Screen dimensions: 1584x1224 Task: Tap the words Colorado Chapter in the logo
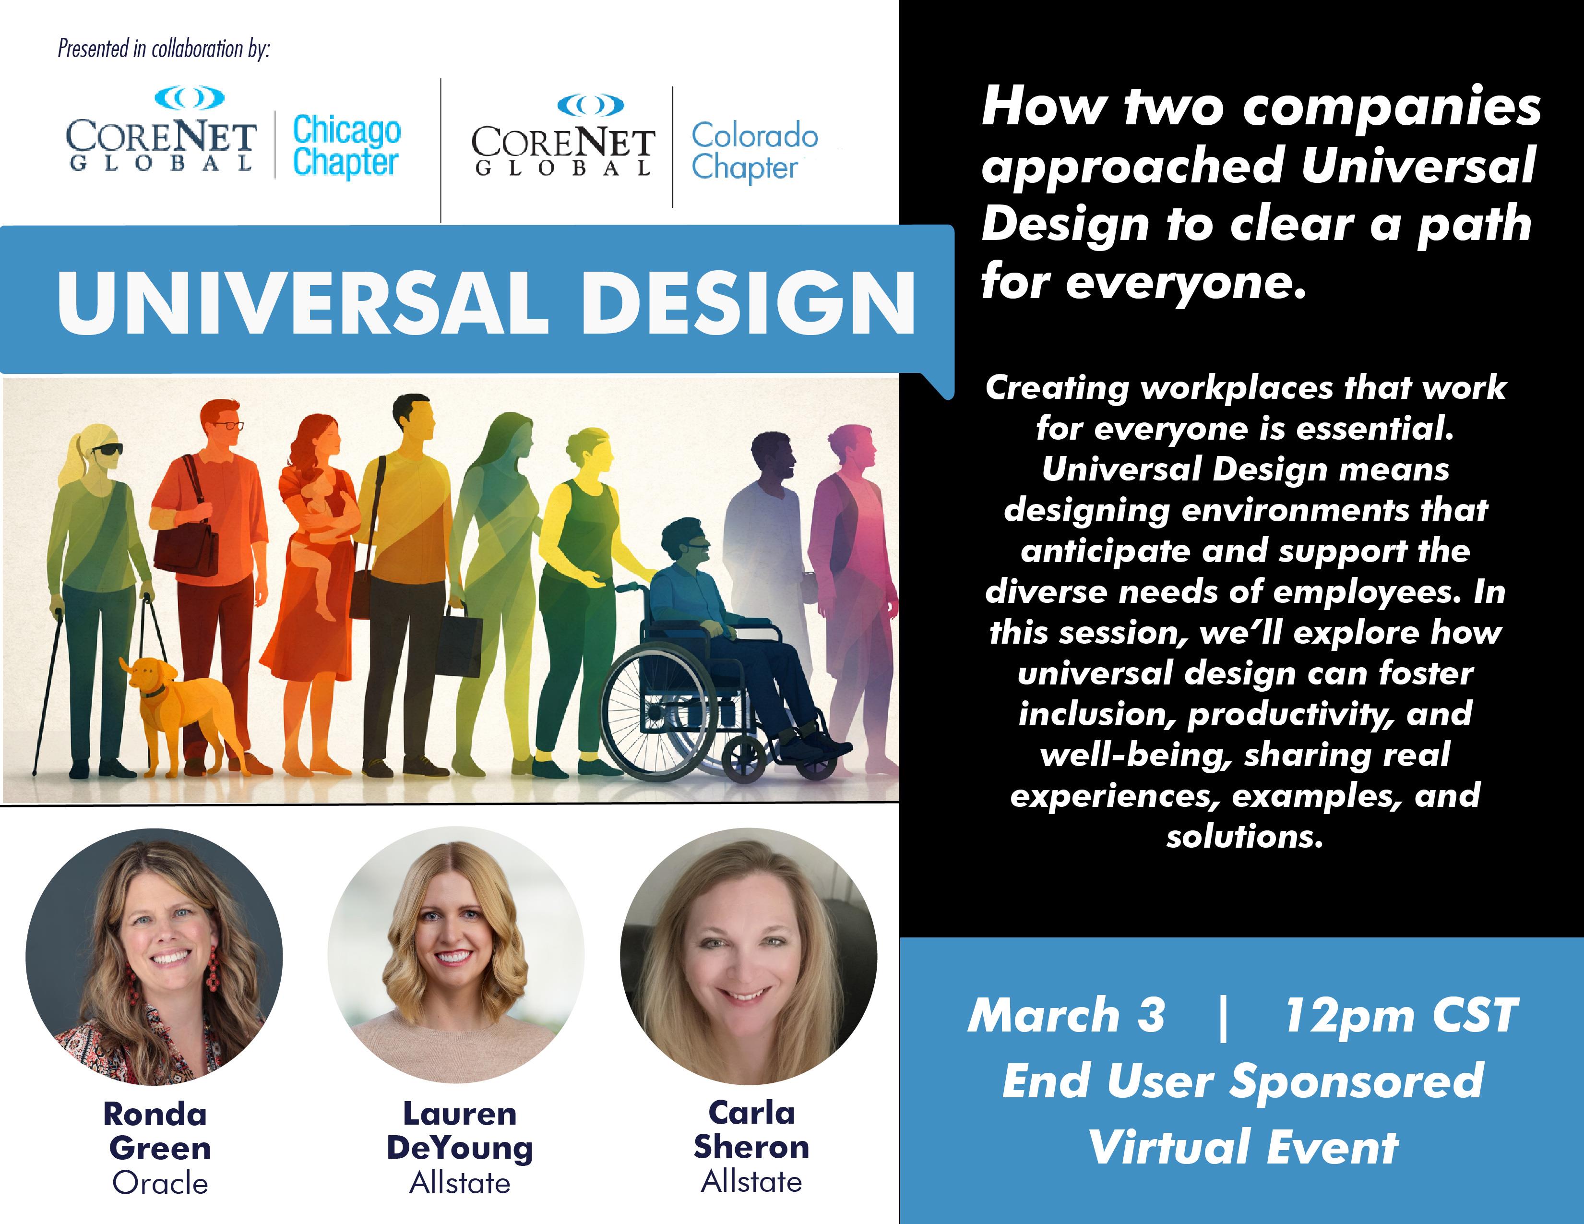click(x=755, y=151)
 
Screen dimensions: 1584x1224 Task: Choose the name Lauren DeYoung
click(x=460, y=1131)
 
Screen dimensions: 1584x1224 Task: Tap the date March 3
click(x=1067, y=1015)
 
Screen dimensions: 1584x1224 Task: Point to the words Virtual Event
click(x=1243, y=1148)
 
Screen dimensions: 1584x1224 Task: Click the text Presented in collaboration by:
click(x=164, y=48)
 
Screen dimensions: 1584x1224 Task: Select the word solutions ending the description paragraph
click(x=1245, y=837)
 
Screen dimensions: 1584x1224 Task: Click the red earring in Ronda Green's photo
click(x=213, y=969)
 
